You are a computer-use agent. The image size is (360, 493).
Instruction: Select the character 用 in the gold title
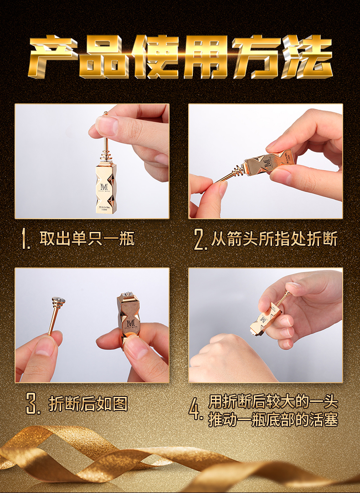click(206, 58)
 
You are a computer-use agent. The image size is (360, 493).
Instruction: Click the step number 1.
click(26, 240)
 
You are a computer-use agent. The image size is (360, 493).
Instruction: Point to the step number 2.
click(200, 240)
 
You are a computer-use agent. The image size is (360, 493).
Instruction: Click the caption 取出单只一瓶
click(87, 239)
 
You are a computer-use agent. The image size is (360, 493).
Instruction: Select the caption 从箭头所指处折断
click(274, 239)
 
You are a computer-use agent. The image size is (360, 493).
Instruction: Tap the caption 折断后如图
click(88, 403)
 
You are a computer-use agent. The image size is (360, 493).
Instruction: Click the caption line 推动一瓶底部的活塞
click(273, 419)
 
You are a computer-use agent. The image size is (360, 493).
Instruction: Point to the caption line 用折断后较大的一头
click(273, 402)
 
